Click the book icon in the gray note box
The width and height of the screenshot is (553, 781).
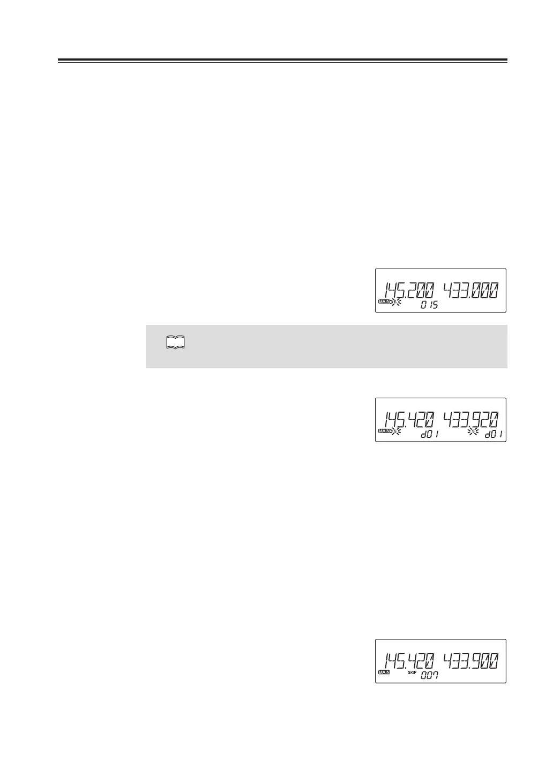click(175, 343)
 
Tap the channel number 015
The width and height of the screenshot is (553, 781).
click(429, 305)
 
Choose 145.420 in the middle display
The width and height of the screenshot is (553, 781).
click(409, 420)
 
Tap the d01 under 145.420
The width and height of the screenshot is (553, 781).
click(429, 435)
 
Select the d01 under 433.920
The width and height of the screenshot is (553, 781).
click(494, 435)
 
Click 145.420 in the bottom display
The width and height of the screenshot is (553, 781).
click(409, 660)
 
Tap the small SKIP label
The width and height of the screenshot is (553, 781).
click(412, 672)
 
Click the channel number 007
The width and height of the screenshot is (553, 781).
click(429, 676)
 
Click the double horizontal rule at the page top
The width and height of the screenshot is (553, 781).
click(282, 61)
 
